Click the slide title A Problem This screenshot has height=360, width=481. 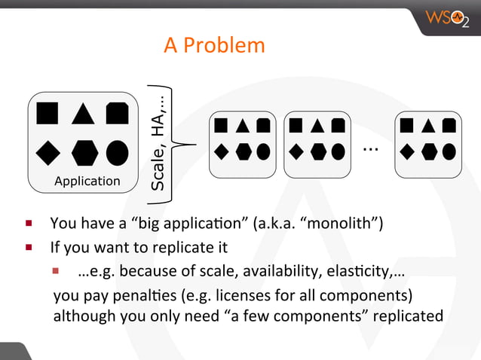(214, 46)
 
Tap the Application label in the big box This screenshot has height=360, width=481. (87, 181)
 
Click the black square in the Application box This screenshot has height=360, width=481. (47, 113)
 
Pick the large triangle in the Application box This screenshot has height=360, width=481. (82, 113)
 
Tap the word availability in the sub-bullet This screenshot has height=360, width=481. (259, 270)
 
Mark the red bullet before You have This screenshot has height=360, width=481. (27, 223)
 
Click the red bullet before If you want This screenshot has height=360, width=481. (27, 246)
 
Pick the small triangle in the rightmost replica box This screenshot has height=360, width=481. (428, 127)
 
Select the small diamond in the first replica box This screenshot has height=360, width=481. (222, 151)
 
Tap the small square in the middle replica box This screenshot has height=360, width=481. (296, 126)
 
